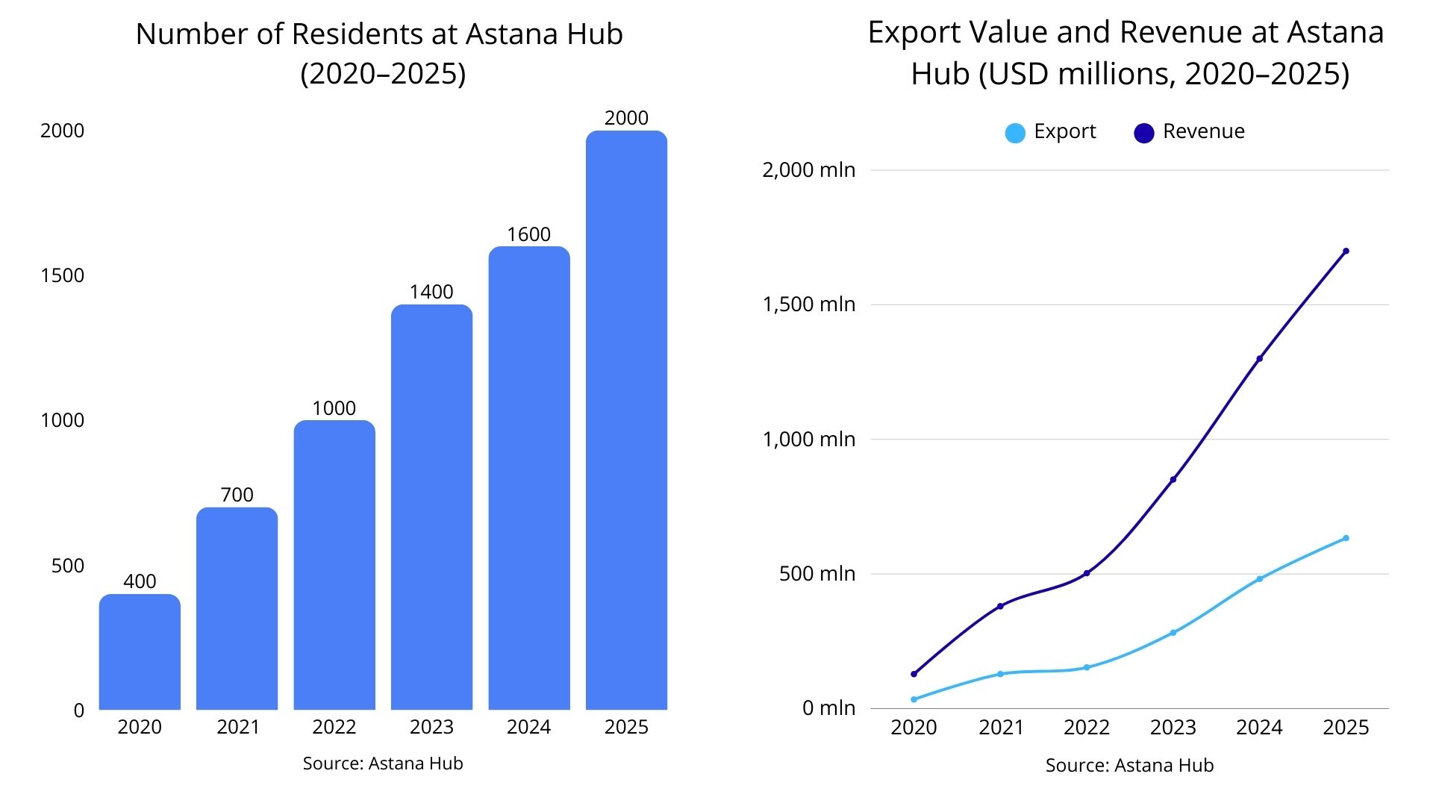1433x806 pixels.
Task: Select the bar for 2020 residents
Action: pyautogui.click(x=140, y=652)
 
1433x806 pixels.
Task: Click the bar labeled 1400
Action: pyautogui.click(x=431, y=507)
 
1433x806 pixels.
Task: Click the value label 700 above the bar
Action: pyautogui.click(x=237, y=495)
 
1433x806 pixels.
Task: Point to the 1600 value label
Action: pyautogui.click(x=528, y=234)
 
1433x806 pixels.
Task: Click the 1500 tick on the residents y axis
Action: pyautogui.click(x=62, y=275)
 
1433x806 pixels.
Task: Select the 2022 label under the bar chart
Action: pyautogui.click(x=334, y=727)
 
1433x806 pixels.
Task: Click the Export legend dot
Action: pyautogui.click(x=1015, y=133)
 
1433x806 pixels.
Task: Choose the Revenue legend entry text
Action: pyautogui.click(x=1203, y=131)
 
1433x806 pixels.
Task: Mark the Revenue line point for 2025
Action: pyautogui.click(x=1346, y=251)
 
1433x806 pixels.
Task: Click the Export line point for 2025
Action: pyautogui.click(x=1346, y=538)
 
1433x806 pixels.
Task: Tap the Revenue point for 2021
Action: pyautogui.click(x=1000, y=606)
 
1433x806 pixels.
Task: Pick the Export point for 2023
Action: pyautogui.click(x=1173, y=633)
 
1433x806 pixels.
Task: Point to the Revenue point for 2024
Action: pyautogui.click(x=1260, y=359)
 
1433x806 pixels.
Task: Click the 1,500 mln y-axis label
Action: pyautogui.click(x=808, y=304)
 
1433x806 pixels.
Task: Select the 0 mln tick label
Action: pyautogui.click(x=828, y=707)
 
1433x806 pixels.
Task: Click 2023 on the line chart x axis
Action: pyautogui.click(x=1173, y=728)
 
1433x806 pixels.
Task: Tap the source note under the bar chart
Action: pyautogui.click(x=383, y=763)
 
